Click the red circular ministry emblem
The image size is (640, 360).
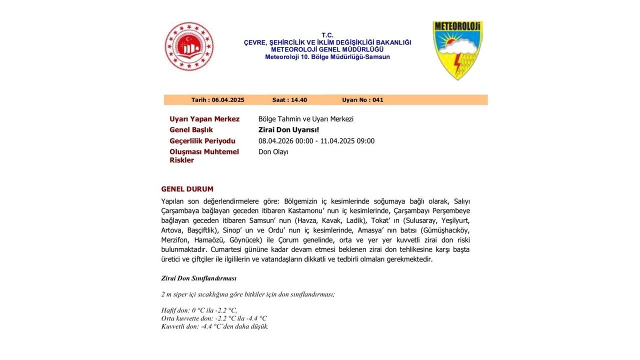[x=189, y=46]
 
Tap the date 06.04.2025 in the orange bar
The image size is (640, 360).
[x=227, y=100]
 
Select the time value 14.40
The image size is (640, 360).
[x=298, y=100]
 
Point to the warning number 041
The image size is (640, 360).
[x=377, y=100]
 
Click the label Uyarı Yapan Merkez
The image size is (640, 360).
[x=204, y=119]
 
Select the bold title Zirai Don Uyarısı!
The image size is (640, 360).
[x=288, y=130]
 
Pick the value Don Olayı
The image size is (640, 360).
[x=273, y=152]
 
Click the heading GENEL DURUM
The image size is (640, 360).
[x=187, y=189]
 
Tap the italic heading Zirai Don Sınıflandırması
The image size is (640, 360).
[x=198, y=278]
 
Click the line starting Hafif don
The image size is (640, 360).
[x=199, y=310]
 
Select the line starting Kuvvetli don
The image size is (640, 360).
[x=214, y=326]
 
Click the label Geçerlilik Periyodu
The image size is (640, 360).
[x=202, y=141]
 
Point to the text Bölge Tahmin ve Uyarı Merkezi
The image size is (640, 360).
[x=305, y=119]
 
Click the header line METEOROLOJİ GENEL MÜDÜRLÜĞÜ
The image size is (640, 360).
[x=327, y=49]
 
